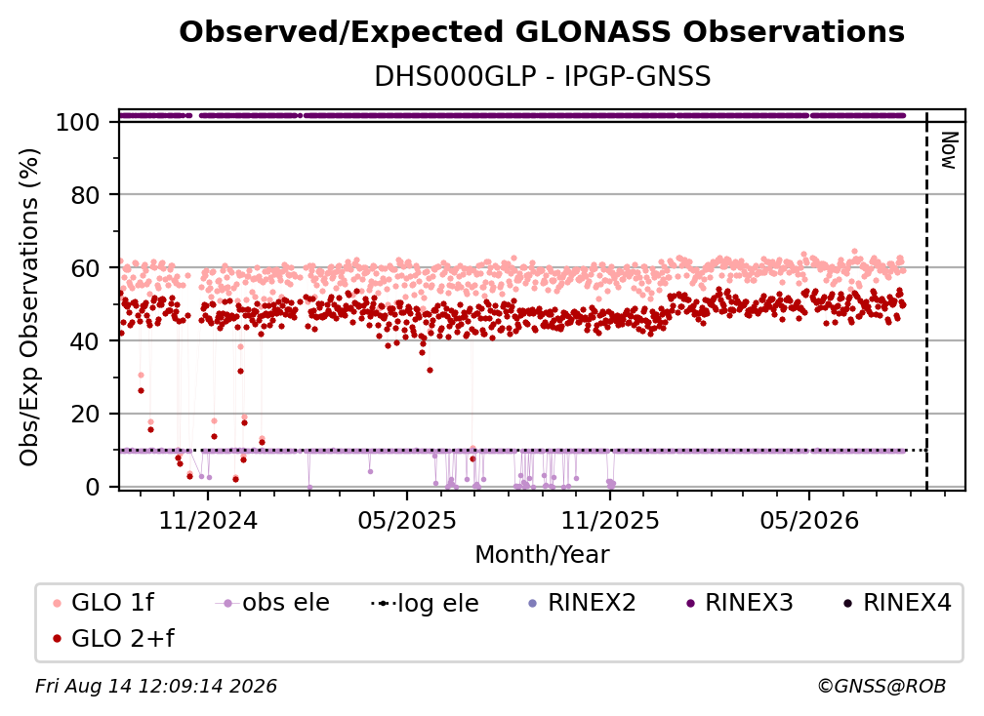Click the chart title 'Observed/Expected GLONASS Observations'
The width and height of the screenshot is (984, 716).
542,32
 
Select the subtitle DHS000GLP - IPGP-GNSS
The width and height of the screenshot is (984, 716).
542,77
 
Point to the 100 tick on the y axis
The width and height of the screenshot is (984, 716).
78,122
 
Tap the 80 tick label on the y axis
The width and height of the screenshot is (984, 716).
85,195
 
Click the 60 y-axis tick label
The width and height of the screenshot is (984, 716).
85,268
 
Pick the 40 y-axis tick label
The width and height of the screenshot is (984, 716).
85,341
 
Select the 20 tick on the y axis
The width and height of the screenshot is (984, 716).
85,415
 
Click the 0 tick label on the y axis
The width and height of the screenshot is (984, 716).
93,487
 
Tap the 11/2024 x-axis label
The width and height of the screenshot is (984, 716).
208,520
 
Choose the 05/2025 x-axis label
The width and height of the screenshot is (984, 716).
407,520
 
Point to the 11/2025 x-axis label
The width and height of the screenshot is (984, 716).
610,520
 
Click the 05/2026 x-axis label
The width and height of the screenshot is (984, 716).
809,520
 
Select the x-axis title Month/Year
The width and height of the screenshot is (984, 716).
542,555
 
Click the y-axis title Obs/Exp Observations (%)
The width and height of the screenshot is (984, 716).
29,307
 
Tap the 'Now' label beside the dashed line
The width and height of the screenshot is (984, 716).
948,150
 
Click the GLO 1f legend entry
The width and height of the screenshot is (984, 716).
103,603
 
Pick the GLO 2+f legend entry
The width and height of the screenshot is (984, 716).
113,638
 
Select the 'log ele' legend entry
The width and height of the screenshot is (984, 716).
425,603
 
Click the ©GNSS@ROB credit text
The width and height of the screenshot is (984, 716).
881,686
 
